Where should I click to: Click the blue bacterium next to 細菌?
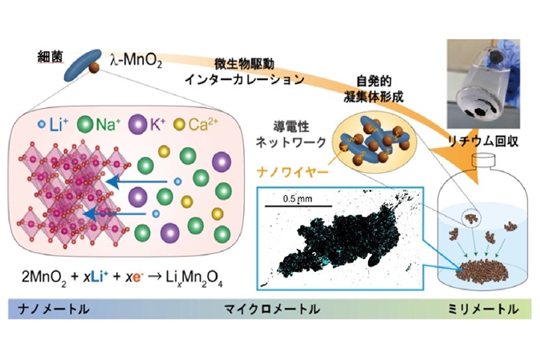click(x=82, y=66)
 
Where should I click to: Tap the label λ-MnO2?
click(x=136, y=61)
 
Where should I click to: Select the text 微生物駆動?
click(x=245, y=64)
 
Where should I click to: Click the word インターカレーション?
click(x=245, y=80)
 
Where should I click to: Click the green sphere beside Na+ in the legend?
click(x=85, y=124)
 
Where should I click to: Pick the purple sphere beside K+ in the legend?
click(x=136, y=124)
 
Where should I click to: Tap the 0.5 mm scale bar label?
click(x=298, y=198)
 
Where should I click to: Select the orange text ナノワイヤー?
click(x=292, y=172)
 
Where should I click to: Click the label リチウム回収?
click(x=483, y=142)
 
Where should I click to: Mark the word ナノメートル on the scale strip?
click(x=54, y=309)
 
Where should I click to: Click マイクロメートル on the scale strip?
click(x=272, y=309)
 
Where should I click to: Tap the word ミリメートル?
click(x=483, y=309)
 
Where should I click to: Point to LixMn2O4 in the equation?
click(x=194, y=278)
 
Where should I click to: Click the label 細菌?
click(x=50, y=58)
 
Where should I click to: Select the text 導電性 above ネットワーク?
click(x=291, y=126)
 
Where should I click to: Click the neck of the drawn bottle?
click(x=483, y=162)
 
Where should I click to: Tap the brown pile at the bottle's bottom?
click(x=482, y=270)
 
